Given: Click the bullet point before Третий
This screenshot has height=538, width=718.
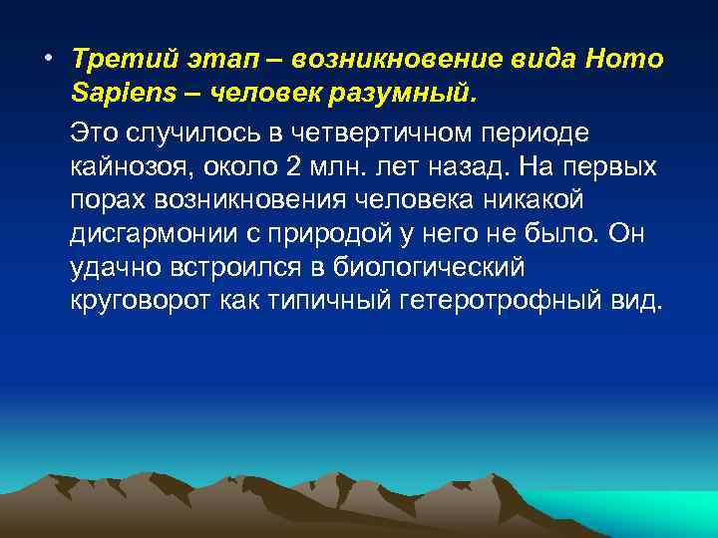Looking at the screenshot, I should pos(47,57).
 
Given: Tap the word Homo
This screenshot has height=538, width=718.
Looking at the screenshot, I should pos(626,59).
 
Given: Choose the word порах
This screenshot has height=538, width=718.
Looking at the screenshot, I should pos(108,200).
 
